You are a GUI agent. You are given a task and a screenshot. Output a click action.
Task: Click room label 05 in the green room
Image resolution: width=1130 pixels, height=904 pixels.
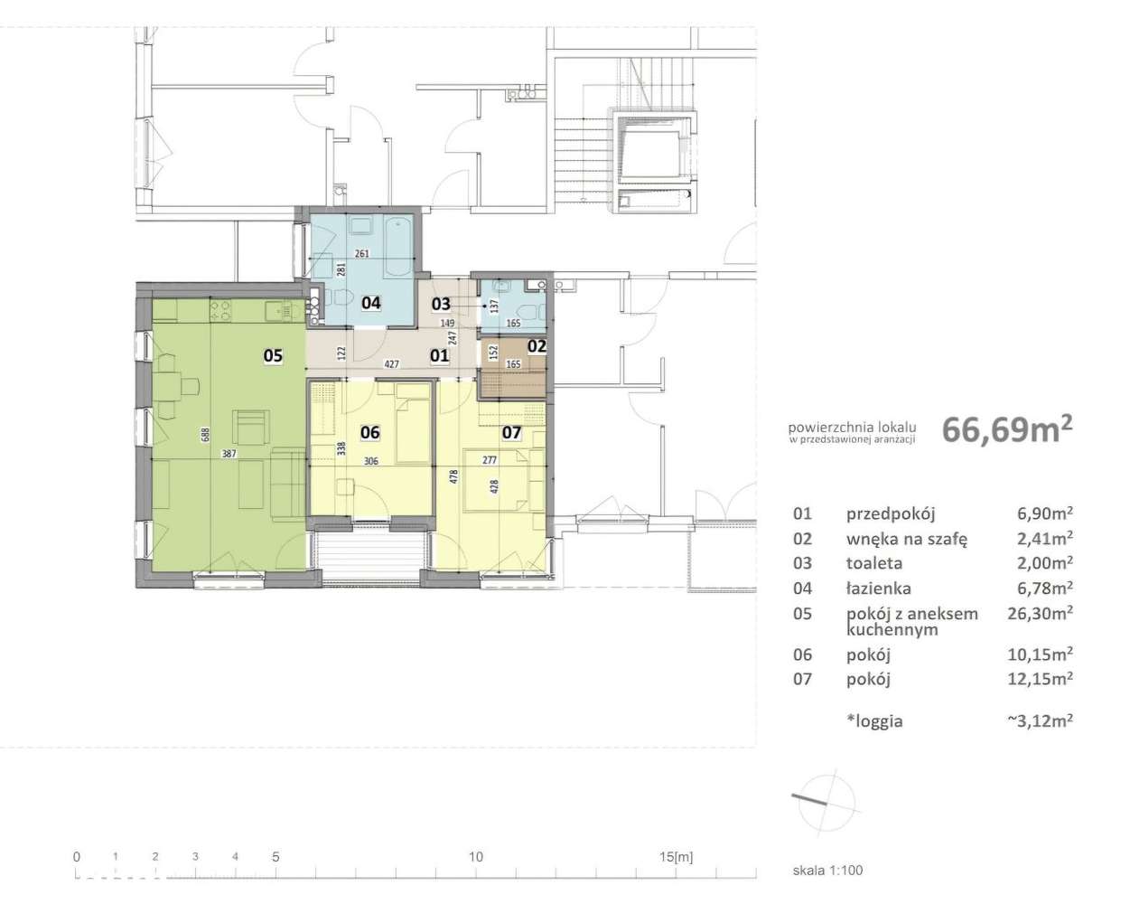(x=273, y=356)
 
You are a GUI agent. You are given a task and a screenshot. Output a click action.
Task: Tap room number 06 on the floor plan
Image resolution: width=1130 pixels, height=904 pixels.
(x=370, y=432)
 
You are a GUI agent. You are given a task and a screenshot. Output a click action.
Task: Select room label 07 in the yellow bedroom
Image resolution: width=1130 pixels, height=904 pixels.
(x=512, y=432)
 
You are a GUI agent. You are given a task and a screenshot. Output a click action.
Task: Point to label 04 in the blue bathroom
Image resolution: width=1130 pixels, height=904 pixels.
(x=370, y=303)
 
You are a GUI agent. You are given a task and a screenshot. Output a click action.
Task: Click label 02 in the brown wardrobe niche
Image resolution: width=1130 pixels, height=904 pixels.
(x=537, y=346)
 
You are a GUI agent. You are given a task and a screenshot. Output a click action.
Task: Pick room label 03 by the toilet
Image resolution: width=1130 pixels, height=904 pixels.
(x=441, y=304)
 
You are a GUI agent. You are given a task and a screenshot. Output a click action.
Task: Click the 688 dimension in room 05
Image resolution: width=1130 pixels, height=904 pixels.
(x=206, y=435)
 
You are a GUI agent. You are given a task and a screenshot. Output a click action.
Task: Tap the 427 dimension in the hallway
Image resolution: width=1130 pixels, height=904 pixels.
(x=392, y=363)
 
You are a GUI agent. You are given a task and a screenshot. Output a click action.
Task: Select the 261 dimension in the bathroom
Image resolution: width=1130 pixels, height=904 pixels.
(x=362, y=253)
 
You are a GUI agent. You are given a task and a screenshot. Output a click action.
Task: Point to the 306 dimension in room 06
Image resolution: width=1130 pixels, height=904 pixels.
(x=370, y=461)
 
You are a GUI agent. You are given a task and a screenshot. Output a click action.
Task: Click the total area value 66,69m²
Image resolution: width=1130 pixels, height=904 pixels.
(x=1007, y=429)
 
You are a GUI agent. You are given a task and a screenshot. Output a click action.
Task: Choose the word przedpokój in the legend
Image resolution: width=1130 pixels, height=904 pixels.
(x=891, y=513)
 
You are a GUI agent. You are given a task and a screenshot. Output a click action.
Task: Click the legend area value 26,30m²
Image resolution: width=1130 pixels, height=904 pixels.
(x=1040, y=613)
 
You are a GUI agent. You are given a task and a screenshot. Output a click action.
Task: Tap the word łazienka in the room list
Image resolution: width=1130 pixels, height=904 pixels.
(x=878, y=589)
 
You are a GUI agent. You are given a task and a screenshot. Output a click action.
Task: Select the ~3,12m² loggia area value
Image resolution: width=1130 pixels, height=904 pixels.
(x=1040, y=720)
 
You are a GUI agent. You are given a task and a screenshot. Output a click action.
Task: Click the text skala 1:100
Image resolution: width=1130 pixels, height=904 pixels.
(x=827, y=870)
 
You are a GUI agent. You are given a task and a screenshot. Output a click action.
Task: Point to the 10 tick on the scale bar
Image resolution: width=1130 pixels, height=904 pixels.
(x=476, y=857)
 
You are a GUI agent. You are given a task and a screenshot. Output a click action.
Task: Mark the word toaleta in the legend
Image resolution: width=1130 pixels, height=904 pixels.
(x=874, y=563)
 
